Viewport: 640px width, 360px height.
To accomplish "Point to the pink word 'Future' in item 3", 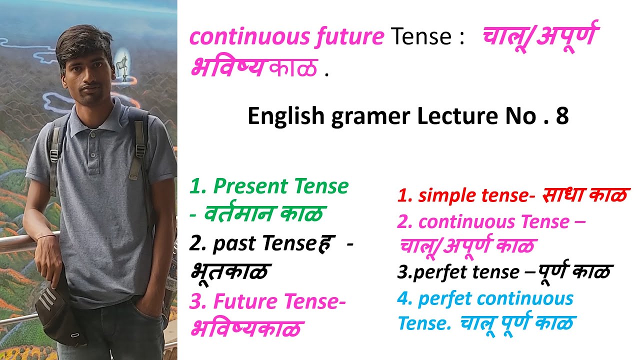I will tap(244, 301).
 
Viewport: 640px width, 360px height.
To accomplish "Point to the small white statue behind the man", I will tap(121, 65).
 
